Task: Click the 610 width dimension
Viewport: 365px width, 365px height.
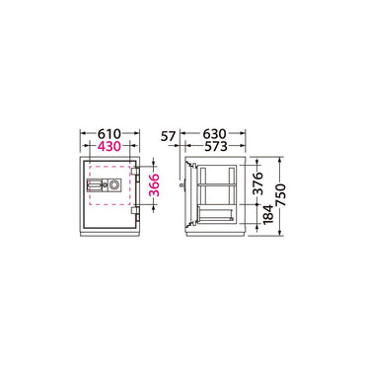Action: [109, 134]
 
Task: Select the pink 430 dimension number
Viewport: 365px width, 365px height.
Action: [109, 146]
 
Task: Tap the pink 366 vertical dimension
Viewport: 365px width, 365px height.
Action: [154, 185]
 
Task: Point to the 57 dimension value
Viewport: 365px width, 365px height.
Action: [169, 135]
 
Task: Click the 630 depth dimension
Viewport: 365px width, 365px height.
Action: [215, 134]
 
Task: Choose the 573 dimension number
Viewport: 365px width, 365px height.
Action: [215, 146]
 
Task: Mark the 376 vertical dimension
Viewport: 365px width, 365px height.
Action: [258, 183]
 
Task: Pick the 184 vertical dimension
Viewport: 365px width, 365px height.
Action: [268, 214]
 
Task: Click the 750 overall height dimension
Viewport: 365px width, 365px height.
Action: [280, 195]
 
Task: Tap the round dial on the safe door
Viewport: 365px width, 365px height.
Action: [114, 184]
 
